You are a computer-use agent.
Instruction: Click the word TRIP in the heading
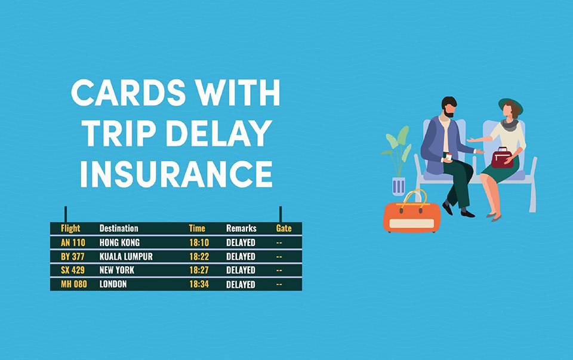point(120,133)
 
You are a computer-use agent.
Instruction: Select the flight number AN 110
point(73,242)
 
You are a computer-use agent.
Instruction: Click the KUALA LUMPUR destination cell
point(126,257)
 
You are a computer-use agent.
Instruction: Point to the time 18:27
point(199,270)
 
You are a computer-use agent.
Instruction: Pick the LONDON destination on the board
point(113,284)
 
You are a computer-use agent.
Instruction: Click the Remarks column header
point(241,229)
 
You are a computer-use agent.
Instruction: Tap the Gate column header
point(284,229)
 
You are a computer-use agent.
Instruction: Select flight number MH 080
point(74,284)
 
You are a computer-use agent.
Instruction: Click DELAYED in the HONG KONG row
point(241,242)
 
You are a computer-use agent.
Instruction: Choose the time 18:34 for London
point(199,284)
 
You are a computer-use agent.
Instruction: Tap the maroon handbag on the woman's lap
point(502,158)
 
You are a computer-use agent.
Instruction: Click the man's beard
point(449,114)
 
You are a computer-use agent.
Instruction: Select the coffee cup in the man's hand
point(448,157)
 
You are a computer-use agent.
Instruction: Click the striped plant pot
point(398,186)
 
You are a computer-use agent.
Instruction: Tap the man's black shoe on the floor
point(468,214)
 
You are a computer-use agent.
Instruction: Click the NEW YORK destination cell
point(116,270)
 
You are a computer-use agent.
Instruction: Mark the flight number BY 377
point(72,257)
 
